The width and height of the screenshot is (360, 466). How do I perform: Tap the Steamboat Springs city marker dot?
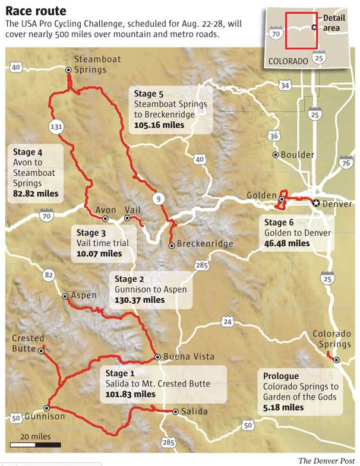tap(68, 69)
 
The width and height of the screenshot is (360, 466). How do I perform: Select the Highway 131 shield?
tap(56, 126)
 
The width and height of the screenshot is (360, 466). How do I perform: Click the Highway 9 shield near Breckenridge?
tap(158, 198)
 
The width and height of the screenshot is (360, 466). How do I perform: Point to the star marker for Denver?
tap(316, 204)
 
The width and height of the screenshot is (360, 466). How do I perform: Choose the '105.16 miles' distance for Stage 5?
tap(159, 125)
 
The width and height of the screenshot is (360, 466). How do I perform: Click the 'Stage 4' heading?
tap(27, 151)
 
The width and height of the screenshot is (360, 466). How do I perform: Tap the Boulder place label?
tap(298, 155)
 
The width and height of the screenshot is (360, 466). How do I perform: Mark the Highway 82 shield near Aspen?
tap(49, 274)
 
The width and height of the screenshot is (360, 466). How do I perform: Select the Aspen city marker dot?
tap(65, 296)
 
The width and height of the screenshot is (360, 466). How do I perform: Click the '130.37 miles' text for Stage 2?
tap(140, 300)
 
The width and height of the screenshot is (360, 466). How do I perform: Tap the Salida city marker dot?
tap(175, 411)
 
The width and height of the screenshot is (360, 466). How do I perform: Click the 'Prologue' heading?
tap(281, 376)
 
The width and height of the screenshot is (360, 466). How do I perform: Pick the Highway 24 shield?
tap(227, 322)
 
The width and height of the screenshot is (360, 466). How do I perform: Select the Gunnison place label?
tap(45, 417)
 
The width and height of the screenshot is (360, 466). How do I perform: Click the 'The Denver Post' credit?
tap(326, 461)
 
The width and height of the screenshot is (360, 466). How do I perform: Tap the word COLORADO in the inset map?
tap(288, 61)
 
